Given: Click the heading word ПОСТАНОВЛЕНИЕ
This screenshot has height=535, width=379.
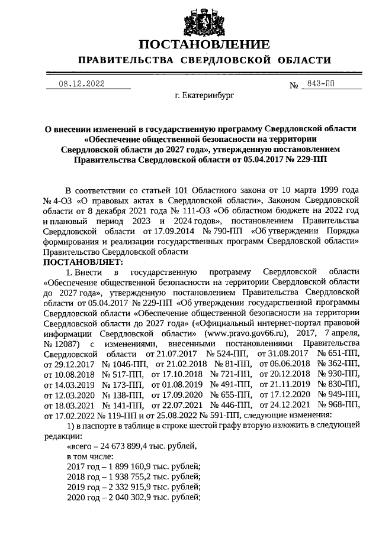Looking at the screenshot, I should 204,44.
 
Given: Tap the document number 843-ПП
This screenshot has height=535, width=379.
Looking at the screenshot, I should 317,84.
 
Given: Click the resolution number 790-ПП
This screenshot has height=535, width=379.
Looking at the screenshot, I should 223,231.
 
